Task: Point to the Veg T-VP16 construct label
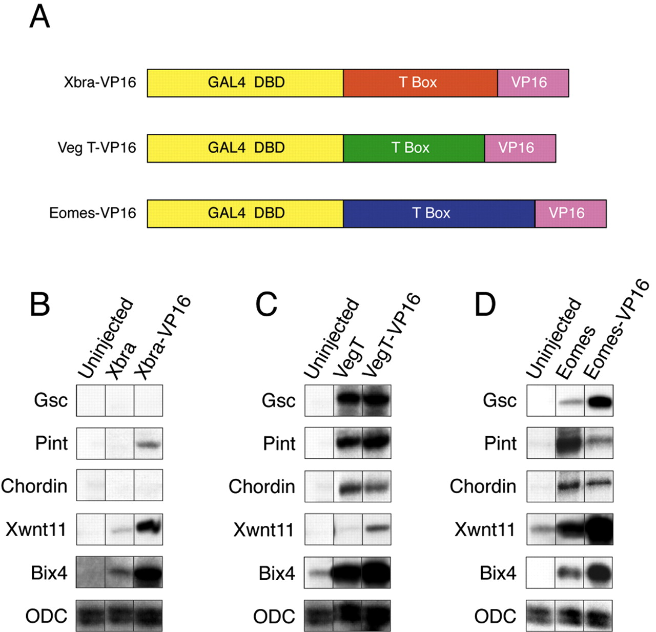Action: pyautogui.click(x=97, y=148)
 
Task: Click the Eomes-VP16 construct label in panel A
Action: pyautogui.click(x=93, y=213)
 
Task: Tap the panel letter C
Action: pyautogui.click(x=266, y=304)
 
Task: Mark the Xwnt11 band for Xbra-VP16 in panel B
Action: pyautogui.click(x=149, y=527)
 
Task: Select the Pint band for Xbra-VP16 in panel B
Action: pyautogui.click(x=149, y=444)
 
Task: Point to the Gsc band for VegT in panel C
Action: pyautogui.click(x=347, y=399)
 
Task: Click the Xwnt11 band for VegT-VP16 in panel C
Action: pyautogui.click(x=377, y=528)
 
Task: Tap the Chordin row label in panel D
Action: pyautogui.click(x=483, y=486)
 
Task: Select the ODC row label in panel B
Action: pyautogui.click(x=46, y=616)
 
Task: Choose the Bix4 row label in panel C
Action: pyautogui.click(x=277, y=573)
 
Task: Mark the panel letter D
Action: pyautogui.click(x=485, y=304)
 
